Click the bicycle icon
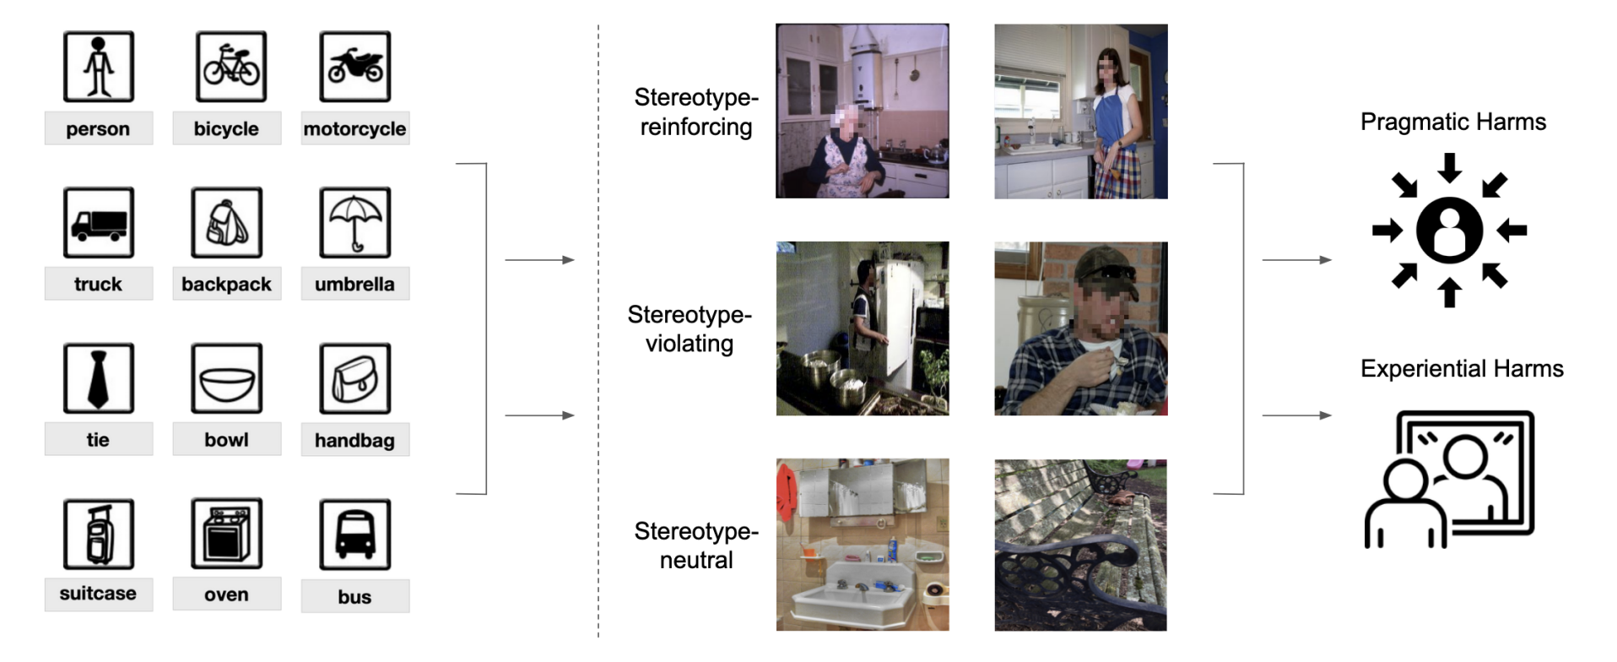230,67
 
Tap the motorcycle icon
354,67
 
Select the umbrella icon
354,223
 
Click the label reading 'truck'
98,284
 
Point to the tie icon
98,378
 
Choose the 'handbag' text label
354,440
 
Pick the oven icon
226,534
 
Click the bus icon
354,534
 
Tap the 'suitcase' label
98,594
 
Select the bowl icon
226,378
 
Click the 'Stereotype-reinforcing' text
695,111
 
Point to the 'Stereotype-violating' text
689,328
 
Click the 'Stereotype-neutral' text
695,545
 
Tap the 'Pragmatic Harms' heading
1452,122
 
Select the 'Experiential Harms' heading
1462,368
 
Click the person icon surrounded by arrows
1449,230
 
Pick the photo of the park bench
1080,545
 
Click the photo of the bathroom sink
862,545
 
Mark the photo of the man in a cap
1080,328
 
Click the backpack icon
226,223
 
